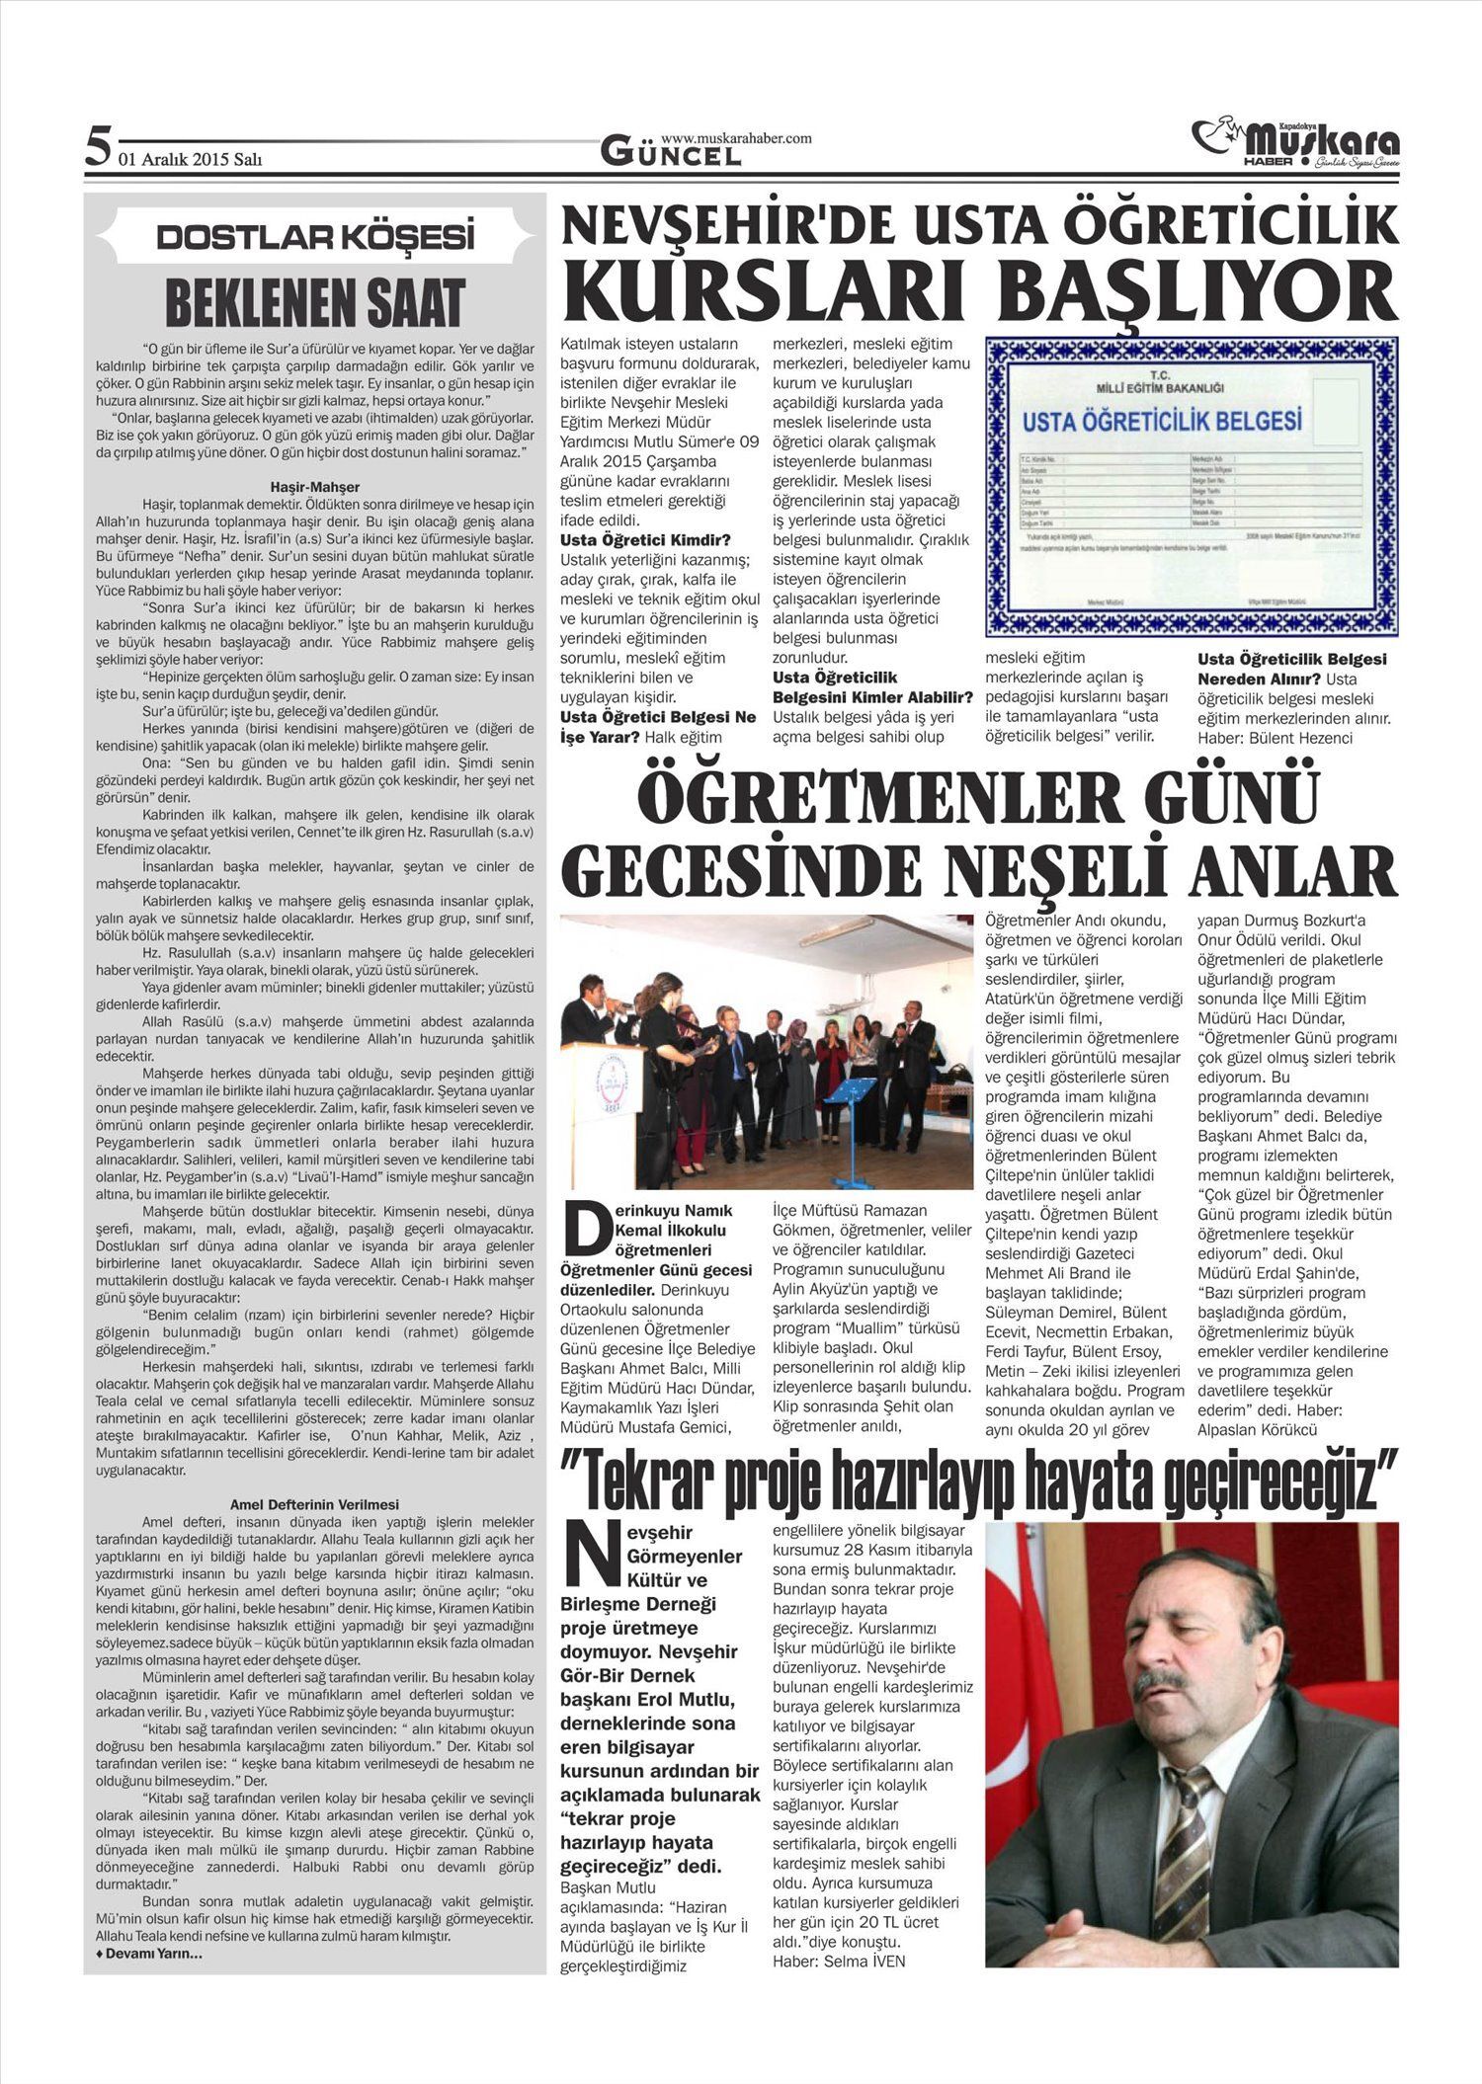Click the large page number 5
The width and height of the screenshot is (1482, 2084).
pyautogui.click(x=96, y=148)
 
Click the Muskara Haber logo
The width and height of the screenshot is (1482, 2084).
pyautogui.click(x=1295, y=145)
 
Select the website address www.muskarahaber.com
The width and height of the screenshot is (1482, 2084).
pyautogui.click(x=736, y=138)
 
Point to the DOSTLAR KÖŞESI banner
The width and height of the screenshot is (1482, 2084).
pyautogui.click(x=316, y=238)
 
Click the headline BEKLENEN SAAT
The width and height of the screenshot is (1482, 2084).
pyautogui.click(x=315, y=302)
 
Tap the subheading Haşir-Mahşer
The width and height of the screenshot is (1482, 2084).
pyautogui.click(x=315, y=487)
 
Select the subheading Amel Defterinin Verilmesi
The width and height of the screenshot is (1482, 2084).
pyautogui.click(x=315, y=1504)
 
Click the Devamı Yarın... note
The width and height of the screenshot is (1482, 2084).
pyautogui.click(x=149, y=1955)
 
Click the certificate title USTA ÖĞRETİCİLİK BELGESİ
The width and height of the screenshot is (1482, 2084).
pyautogui.click(x=1161, y=422)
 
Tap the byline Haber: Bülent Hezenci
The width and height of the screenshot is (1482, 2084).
pyautogui.click(x=1275, y=737)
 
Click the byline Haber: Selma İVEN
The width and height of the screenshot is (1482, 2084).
pyautogui.click(x=839, y=1961)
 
